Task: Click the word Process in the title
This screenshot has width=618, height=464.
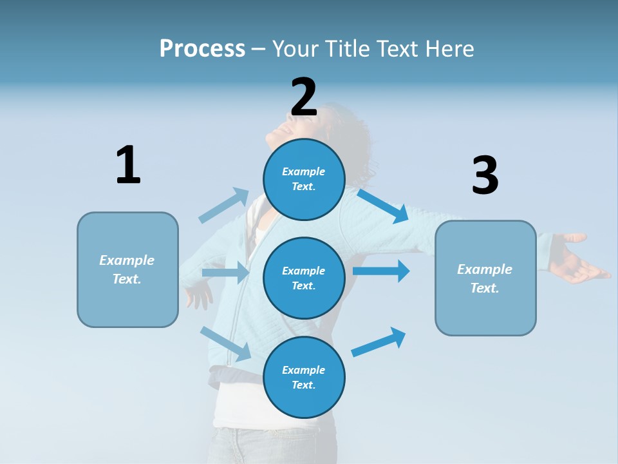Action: (x=202, y=48)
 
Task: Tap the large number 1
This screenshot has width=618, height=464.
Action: (x=128, y=165)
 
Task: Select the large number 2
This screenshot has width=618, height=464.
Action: (x=304, y=97)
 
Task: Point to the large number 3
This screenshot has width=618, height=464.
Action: (x=485, y=176)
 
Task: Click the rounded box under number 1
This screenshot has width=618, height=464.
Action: (x=127, y=269)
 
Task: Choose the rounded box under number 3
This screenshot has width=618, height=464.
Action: (x=485, y=278)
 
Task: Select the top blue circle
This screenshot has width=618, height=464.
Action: (x=304, y=179)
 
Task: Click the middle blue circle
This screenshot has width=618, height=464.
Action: (x=304, y=278)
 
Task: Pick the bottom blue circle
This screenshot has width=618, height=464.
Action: (x=304, y=377)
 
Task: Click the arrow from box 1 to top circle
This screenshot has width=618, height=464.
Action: (x=224, y=206)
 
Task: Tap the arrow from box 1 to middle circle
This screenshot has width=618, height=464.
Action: (x=226, y=273)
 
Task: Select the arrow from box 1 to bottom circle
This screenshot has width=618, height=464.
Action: (x=226, y=343)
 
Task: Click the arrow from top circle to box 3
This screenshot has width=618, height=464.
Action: (x=384, y=206)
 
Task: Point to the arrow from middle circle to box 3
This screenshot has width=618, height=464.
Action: (x=381, y=271)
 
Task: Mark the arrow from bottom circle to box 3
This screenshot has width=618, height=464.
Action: (x=379, y=342)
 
